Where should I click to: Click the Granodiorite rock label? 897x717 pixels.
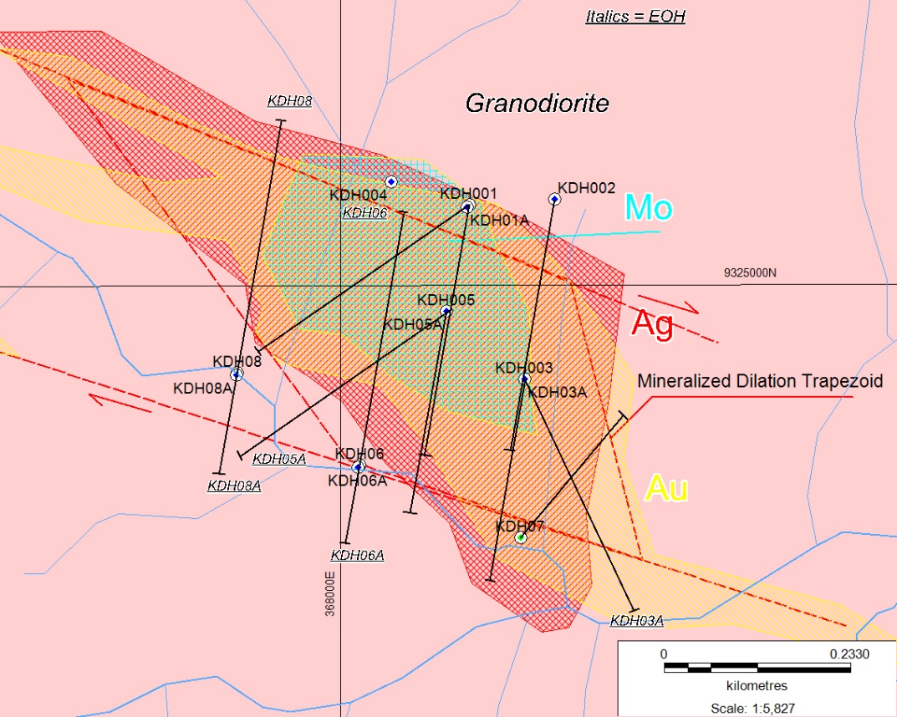(x=537, y=104)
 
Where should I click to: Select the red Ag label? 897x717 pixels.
(x=652, y=323)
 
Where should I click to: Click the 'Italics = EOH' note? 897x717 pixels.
(x=635, y=17)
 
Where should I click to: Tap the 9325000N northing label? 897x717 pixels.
(x=750, y=273)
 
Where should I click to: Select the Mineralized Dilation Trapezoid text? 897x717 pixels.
(x=760, y=381)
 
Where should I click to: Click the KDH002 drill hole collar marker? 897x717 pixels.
(x=554, y=199)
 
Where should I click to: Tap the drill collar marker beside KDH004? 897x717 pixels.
(x=390, y=181)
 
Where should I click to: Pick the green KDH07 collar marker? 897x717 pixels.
(x=520, y=537)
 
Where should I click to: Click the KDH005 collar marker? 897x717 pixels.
(x=446, y=311)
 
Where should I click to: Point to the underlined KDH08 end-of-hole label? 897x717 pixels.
(x=289, y=101)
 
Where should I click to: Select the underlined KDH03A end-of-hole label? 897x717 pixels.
(x=636, y=620)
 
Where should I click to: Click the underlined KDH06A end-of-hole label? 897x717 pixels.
(x=357, y=555)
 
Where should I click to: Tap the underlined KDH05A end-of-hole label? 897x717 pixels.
(x=279, y=458)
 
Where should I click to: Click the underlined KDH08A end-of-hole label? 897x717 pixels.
(x=234, y=485)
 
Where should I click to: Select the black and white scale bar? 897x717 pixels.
(x=746, y=667)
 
